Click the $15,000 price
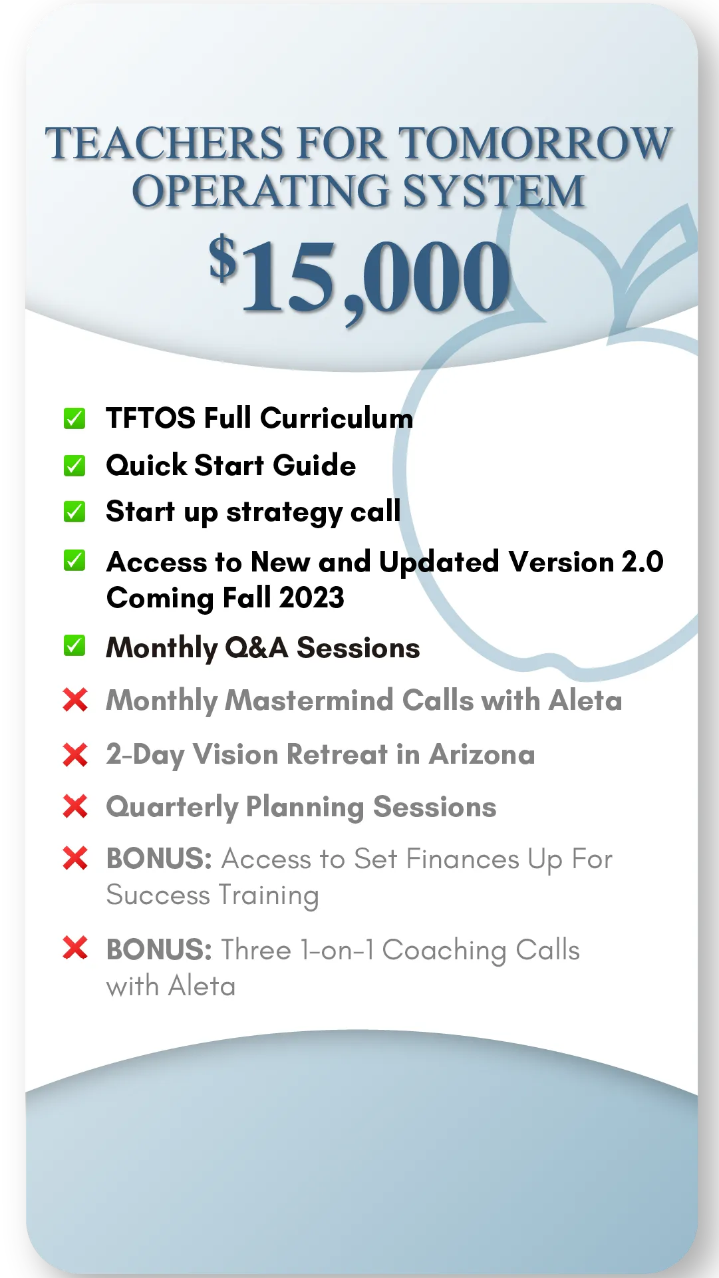pos(359,276)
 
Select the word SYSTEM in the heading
pos(494,191)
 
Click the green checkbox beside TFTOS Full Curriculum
pos(74,418)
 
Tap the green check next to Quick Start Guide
pos(74,466)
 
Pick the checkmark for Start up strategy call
pos(74,512)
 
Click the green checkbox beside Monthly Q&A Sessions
pos(74,645)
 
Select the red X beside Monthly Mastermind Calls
pos(75,700)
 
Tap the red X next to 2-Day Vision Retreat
pos(75,755)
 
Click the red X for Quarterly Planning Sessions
pos(75,806)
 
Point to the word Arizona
pos(482,754)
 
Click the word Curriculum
pos(337,418)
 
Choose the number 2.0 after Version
pos(643,562)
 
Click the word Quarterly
pos(172,808)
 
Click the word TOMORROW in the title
pos(535,144)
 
